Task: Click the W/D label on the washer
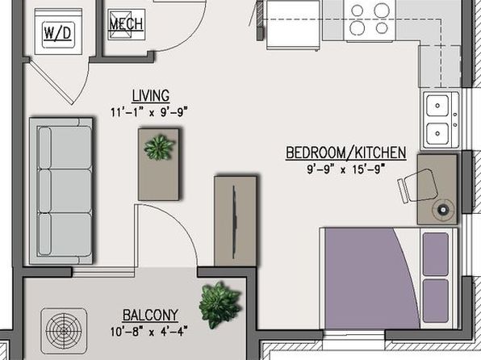57,33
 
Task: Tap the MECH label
126,24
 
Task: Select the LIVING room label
151,96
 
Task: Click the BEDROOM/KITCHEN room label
346,153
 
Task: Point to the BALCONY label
150,315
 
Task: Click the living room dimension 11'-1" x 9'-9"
148,111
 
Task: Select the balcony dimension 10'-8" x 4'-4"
148,332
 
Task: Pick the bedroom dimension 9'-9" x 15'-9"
345,170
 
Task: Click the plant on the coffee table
159,147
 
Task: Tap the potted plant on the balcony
220,305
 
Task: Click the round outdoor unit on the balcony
64,331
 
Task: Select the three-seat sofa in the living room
61,190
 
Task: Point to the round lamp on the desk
442,210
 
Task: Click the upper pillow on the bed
436,253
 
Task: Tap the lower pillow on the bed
436,301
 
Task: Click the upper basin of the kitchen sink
437,106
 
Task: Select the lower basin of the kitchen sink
437,134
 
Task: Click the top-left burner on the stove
357,10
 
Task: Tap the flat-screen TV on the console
234,222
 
